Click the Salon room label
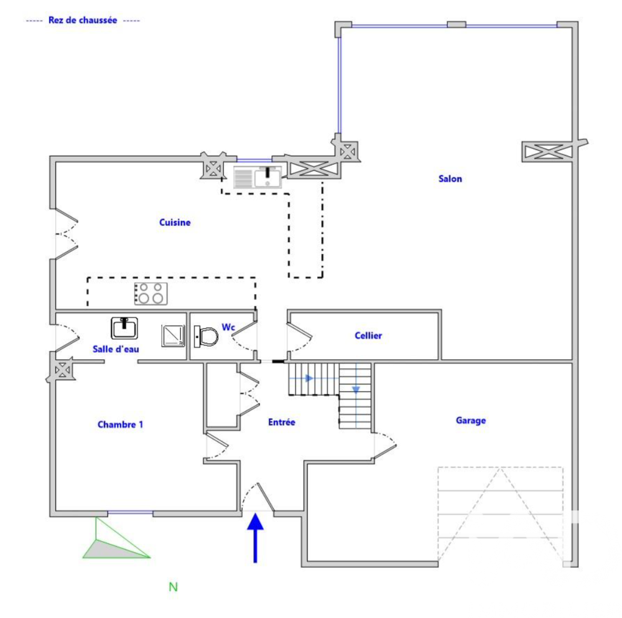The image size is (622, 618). (450, 179)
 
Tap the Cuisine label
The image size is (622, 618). (175, 222)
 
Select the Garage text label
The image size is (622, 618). (471, 420)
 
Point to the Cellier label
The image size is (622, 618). (368, 335)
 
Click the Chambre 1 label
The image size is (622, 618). (121, 424)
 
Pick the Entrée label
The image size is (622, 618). (281, 422)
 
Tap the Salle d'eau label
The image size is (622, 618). (116, 349)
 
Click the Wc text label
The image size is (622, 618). (228, 327)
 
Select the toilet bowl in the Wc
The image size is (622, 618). (207, 337)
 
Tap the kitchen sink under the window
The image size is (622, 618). (258, 177)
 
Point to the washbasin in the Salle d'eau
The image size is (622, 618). (124, 327)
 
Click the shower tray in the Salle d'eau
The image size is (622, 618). (173, 335)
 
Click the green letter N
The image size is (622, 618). (174, 586)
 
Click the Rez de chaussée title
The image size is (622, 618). (83, 20)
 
